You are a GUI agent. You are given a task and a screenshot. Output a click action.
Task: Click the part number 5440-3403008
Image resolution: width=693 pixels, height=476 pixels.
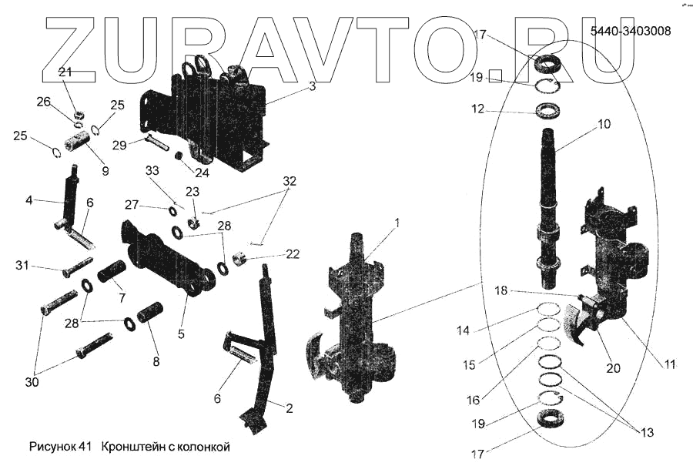coord(630,32)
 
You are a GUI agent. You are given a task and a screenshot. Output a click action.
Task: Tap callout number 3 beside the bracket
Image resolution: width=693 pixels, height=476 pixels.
coord(312,86)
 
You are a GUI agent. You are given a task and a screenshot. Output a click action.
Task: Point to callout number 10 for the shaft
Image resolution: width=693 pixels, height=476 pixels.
coord(603,123)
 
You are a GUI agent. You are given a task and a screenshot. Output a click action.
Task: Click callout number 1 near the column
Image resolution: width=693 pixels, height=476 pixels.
coord(397,223)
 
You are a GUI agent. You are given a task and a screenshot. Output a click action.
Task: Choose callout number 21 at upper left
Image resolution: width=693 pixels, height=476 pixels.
coord(65,72)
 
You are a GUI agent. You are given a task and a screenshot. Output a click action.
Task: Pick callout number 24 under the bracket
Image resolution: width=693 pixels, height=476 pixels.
coord(202,173)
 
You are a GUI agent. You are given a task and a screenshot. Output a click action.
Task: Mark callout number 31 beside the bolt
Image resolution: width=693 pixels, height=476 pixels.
coord(22,266)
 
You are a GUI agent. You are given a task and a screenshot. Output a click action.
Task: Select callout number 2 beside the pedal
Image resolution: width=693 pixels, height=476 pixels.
coord(289,408)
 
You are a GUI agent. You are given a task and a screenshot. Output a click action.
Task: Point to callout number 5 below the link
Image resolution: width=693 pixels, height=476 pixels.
coord(182,334)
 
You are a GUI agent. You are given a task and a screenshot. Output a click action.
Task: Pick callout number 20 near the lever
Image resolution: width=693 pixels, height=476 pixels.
coord(613,368)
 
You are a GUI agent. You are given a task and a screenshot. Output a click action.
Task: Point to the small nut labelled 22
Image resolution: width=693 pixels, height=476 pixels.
coord(240,256)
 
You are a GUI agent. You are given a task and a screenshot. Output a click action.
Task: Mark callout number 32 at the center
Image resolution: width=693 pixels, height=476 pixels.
coord(289,183)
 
